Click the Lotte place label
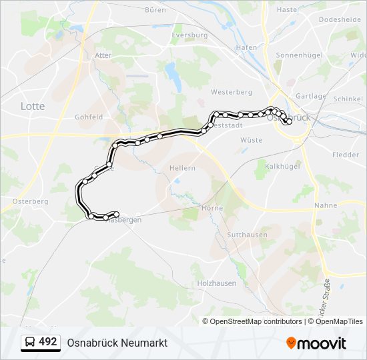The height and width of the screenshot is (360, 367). click(33, 106)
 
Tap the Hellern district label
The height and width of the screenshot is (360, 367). click(183, 168)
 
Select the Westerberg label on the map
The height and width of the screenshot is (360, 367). click(231, 92)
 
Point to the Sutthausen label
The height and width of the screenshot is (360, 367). click(247, 235)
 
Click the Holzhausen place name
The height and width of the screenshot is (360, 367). click(217, 283)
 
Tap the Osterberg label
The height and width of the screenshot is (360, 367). click(30, 201)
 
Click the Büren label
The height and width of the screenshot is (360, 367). click(155, 10)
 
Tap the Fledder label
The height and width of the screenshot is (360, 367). click(346, 155)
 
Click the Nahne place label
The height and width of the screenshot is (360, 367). click(325, 205)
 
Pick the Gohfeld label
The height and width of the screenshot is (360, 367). click(89, 117)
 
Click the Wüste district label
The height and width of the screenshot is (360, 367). click(251, 140)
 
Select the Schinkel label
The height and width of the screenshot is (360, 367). click(348, 98)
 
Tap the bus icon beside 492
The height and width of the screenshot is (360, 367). click(30, 343)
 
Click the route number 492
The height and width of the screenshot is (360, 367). click(48, 342)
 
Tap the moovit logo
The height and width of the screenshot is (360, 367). click(316, 343)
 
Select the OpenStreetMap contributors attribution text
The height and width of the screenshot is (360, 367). click(256, 321)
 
